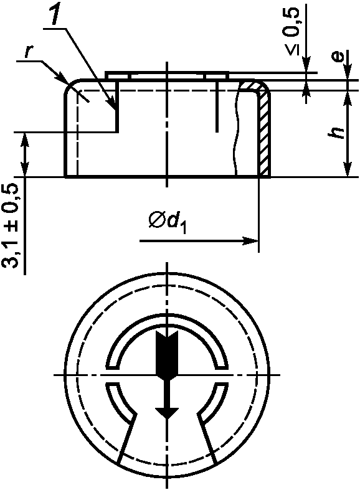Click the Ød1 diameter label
(168, 222)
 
